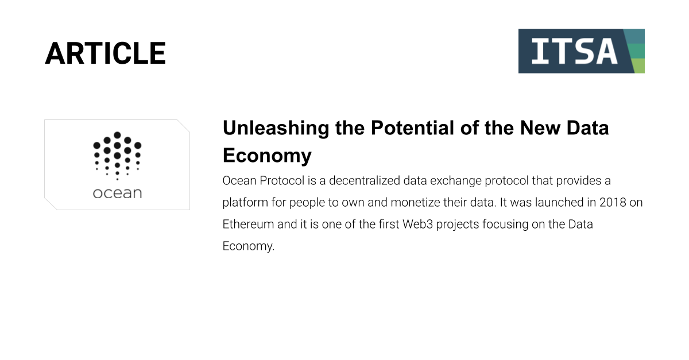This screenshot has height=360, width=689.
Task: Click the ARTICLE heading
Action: tap(105, 53)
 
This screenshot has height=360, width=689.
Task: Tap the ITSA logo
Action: tap(581, 51)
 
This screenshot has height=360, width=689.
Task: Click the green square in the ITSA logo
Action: tap(636, 51)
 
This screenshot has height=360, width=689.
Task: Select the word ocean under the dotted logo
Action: tap(117, 193)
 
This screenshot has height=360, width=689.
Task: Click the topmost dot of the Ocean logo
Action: tap(117, 135)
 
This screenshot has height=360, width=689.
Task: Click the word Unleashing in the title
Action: tap(276, 128)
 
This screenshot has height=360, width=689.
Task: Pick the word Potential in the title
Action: tap(412, 127)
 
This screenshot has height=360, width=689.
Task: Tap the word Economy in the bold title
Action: tap(267, 156)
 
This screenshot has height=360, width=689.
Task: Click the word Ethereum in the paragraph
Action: tap(248, 224)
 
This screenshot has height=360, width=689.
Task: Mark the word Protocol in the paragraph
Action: tap(282, 181)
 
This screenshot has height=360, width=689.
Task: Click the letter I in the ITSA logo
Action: tap(540, 51)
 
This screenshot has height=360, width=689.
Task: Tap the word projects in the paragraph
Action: tap(458, 225)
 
